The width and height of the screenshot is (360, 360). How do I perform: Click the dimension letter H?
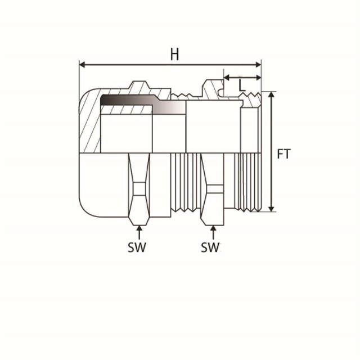[175, 55]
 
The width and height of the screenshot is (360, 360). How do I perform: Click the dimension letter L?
[242, 85]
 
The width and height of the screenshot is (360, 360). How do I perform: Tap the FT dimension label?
[283, 153]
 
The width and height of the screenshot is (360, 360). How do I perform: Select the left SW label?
[137, 247]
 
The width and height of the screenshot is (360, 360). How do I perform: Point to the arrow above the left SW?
[139, 231]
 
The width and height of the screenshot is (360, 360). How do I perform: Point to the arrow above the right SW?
[213, 231]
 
